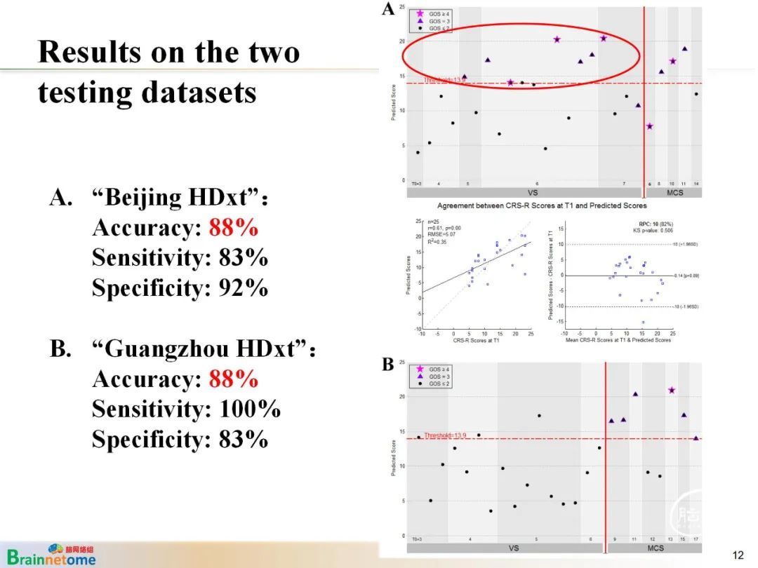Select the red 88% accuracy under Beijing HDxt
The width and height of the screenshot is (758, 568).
tap(233, 228)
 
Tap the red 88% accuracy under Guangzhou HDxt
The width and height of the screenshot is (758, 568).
tap(233, 379)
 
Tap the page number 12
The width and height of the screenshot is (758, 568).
tap(738, 555)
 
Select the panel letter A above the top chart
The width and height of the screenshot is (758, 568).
tap(388, 9)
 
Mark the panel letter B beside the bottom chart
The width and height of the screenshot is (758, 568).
tap(387, 365)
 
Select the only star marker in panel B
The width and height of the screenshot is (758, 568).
tap(672, 391)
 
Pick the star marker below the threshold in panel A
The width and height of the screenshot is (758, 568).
tap(650, 126)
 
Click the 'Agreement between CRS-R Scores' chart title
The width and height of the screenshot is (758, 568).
tap(542, 206)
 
